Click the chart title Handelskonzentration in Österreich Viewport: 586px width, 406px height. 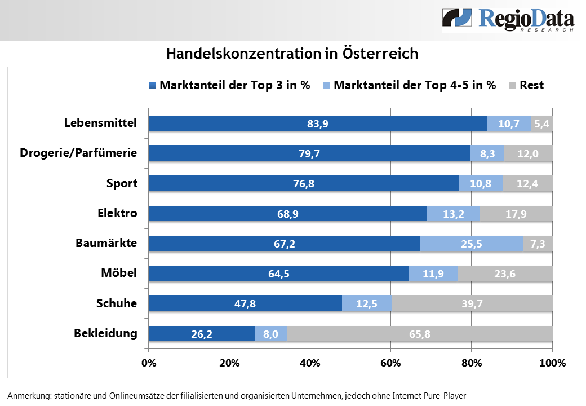[x=292, y=54]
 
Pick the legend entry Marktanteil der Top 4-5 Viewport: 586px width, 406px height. [x=410, y=85]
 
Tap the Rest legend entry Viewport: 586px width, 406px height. [x=526, y=85]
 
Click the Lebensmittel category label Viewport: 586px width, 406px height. [x=101, y=122]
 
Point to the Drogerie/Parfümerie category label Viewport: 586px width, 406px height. [x=78, y=153]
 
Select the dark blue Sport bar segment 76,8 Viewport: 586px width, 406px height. [x=303, y=183]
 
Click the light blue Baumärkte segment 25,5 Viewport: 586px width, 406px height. [x=471, y=244]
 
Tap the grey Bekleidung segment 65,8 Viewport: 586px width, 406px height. [x=419, y=334]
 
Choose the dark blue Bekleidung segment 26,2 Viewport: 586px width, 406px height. [x=201, y=334]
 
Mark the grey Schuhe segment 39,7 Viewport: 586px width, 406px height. [x=472, y=304]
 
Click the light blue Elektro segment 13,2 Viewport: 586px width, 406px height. [x=453, y=214]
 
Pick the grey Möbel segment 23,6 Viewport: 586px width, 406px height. [x=505, y=274]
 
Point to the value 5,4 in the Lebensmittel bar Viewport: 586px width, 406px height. [x=542, y=123]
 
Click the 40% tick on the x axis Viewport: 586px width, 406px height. [x=310, y=363]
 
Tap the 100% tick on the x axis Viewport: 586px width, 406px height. [x=552, y=363]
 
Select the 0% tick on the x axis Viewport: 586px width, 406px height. [x=149, y=363]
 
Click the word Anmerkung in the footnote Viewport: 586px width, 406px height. [x=29, y=395]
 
